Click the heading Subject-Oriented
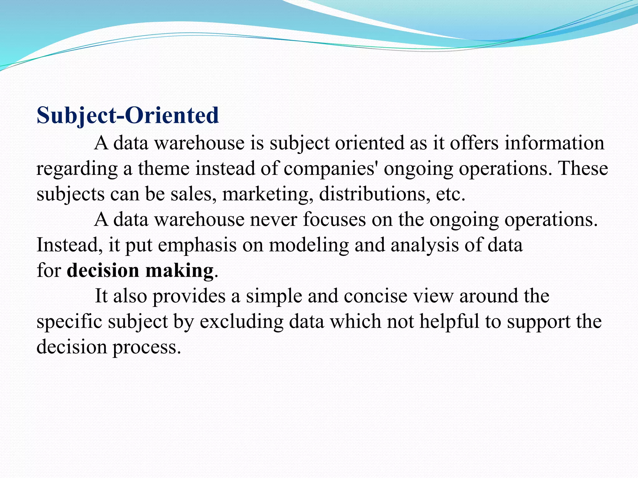pyautogui.click(x=128, y=115)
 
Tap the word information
pyautogui.click(x=554, y=143)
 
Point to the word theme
pyautogui.click(x=164, y=169)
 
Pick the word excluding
pyautogui.click(x=241, y=322)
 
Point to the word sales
pyautogui.click(x=193, y=194)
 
